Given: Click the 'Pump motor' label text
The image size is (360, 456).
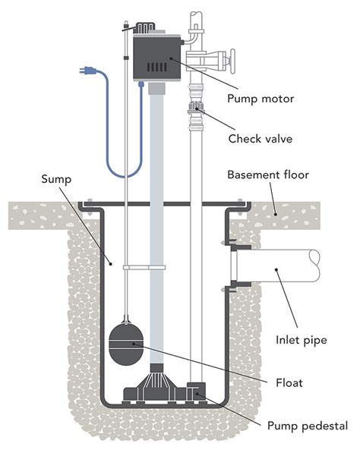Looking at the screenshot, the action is (261, 99).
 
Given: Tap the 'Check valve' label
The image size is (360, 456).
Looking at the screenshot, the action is (261, 139).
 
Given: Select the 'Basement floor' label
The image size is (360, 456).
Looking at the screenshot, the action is (268, 175).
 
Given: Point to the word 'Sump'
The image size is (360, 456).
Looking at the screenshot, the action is (56, 179).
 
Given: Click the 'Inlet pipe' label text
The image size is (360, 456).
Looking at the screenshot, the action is (302, 340).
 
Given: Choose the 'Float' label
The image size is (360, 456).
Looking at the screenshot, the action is (289, 382).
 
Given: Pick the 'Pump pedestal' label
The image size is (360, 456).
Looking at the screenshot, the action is (308, 426).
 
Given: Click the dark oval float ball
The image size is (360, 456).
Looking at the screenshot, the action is (126, 344).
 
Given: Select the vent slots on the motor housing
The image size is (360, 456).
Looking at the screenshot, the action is (157, 68).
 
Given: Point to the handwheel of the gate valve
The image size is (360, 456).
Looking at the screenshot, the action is (232, 61).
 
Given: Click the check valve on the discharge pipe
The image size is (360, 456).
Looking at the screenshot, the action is (196, 108).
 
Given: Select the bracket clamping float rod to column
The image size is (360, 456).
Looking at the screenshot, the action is (144, 267).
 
